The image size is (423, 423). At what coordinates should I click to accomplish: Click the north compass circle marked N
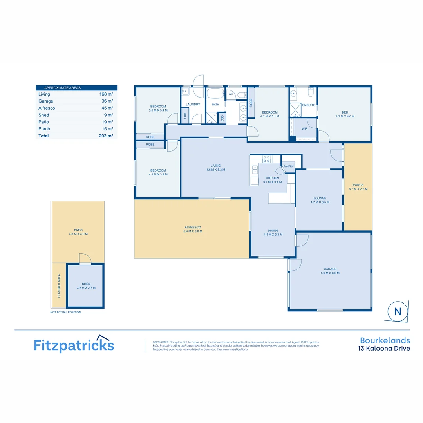coord(398,311)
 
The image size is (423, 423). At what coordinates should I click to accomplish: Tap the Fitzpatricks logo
coord(74,344)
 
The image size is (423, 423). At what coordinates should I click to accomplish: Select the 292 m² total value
coord(106,136)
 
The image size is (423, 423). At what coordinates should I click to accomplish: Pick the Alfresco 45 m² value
coord(107,108)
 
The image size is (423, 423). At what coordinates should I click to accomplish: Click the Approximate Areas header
coord(62,88)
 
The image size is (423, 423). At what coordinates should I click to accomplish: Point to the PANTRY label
coord(288,166)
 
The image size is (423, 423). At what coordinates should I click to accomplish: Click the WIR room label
coord(304,129)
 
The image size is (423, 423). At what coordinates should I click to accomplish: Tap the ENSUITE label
coord(309,105)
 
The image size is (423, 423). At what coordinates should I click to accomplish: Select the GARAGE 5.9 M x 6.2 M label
coord(330,271)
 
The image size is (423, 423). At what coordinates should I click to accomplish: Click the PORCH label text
coord(358,185)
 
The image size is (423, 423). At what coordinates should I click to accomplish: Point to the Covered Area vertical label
coord(59,286)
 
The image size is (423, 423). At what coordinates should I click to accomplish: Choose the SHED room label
coord(86,284)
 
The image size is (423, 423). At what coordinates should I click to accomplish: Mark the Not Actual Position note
coord(65,312)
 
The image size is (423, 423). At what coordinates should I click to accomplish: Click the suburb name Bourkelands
coord(385,340)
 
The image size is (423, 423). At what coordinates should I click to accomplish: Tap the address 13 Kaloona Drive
coord(384,348)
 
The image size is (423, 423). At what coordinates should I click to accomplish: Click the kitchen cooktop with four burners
coord(266,159)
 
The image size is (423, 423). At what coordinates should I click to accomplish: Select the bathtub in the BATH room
coord(215,94)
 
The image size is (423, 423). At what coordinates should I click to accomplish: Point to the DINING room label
coord(273,231)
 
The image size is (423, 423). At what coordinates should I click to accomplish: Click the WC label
coord(231,94)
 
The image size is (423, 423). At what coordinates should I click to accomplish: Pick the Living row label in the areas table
coord(44,94)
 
